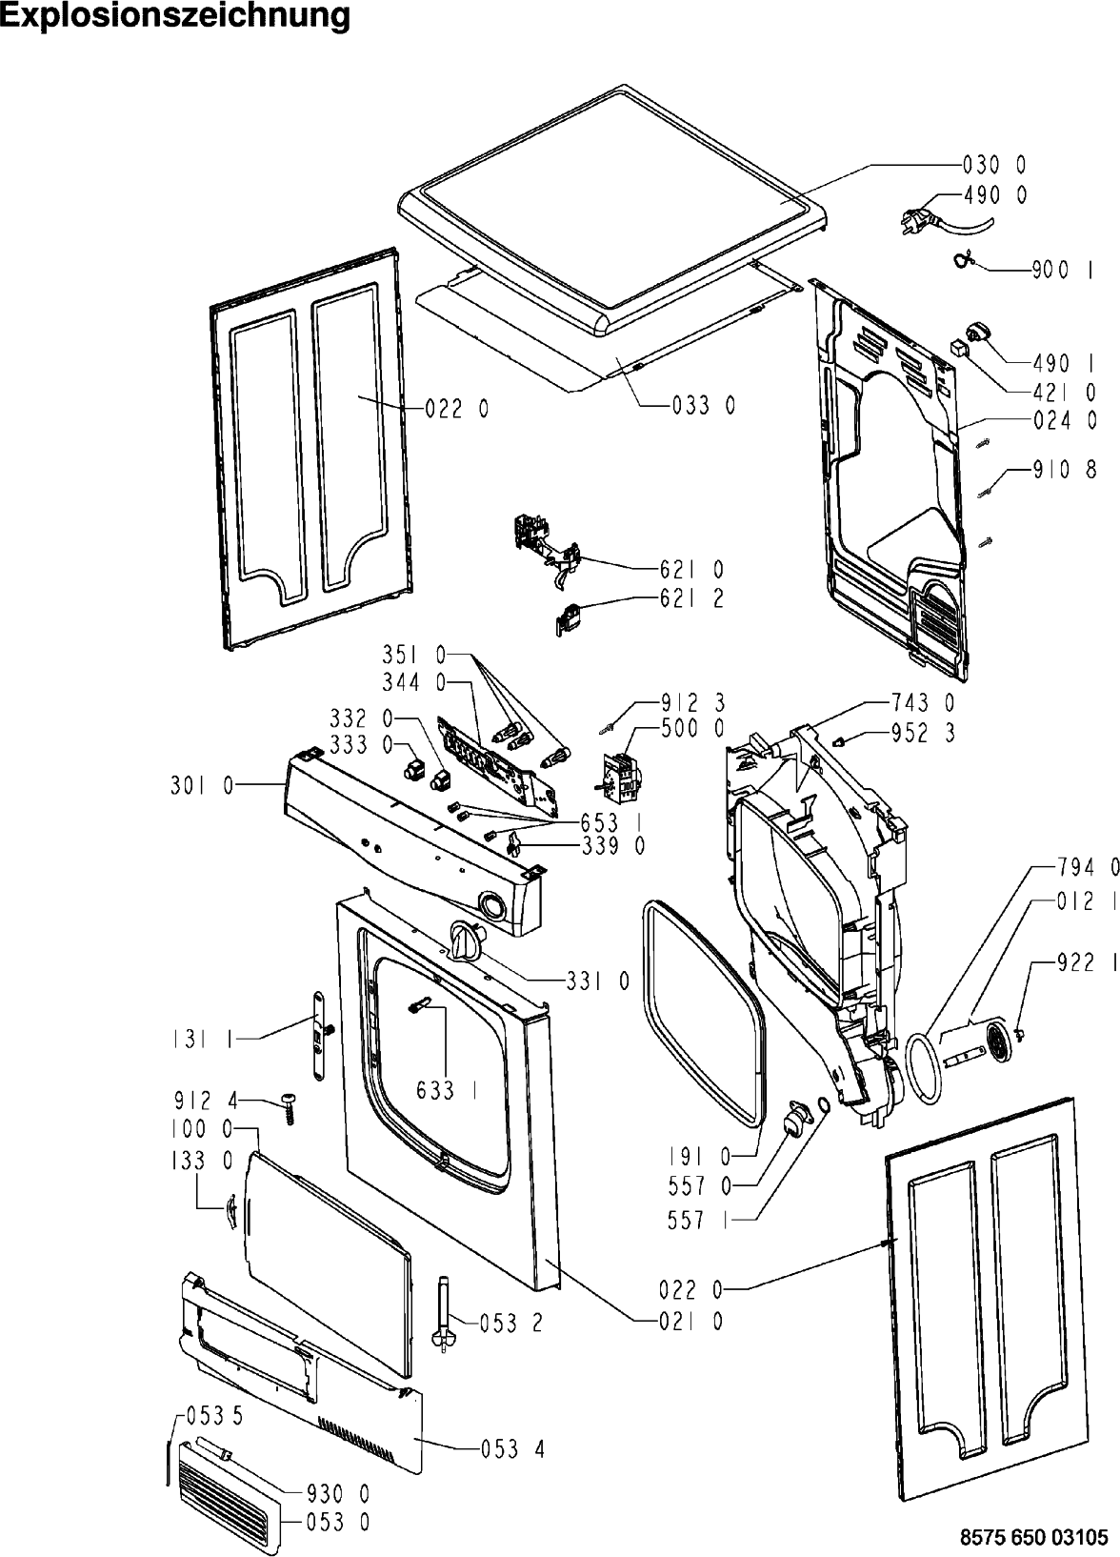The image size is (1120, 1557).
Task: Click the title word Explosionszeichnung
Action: (175, 16)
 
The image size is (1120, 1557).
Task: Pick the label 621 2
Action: (691, 599)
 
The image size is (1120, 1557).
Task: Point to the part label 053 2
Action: (511, 1323)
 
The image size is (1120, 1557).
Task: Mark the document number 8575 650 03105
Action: (1034, 1536)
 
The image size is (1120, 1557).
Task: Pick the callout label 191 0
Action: (698, 1157)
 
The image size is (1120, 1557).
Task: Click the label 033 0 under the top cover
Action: (704, 406)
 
